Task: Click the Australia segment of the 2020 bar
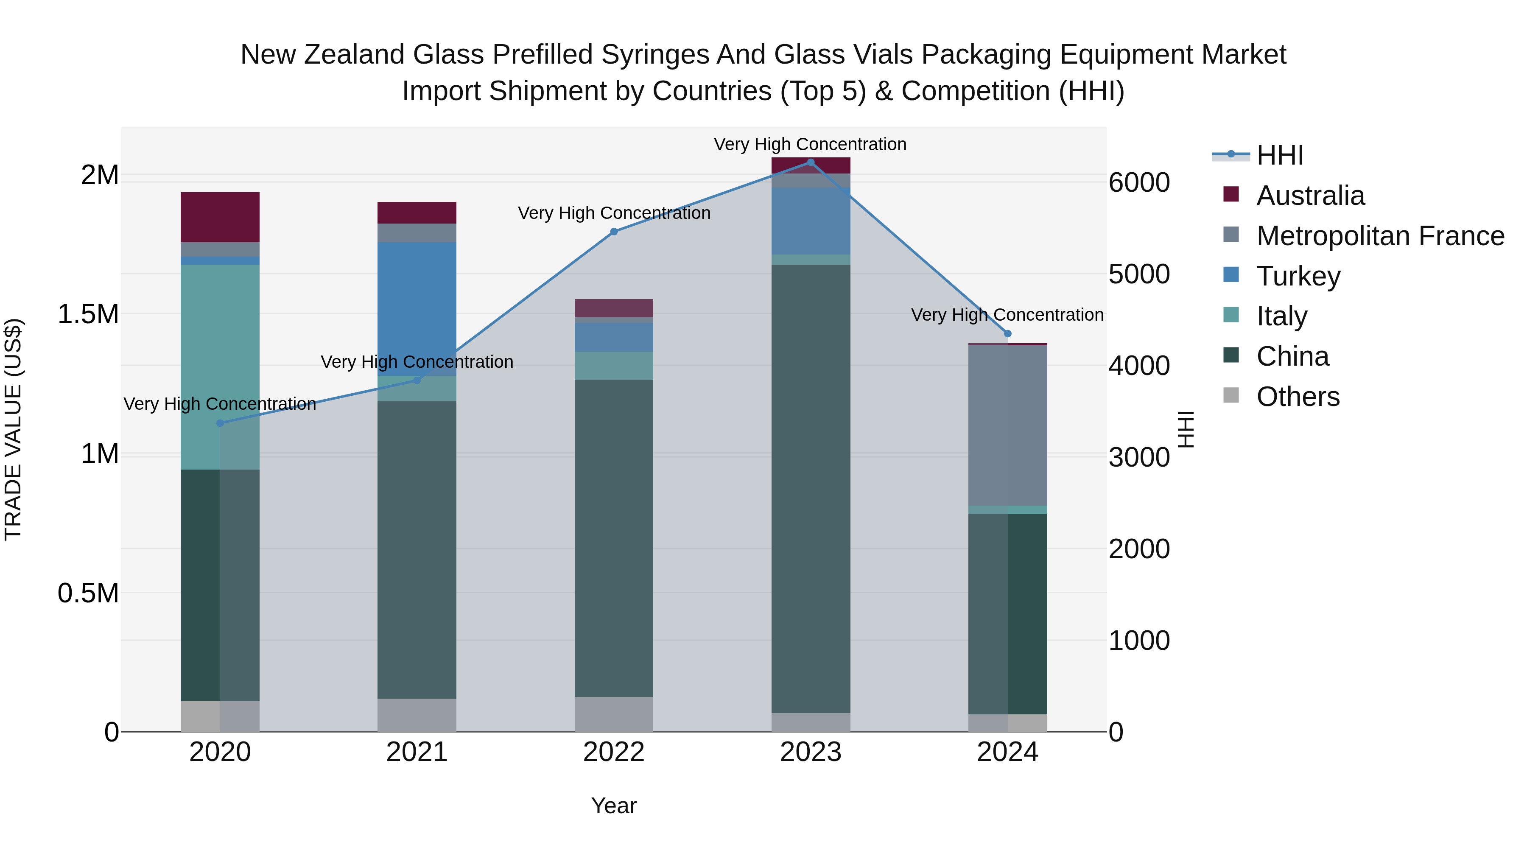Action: (220, 217)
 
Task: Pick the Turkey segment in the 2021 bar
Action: (417, 308)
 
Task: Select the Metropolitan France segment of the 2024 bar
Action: (1008, 425)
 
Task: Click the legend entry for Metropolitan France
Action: (1379, 236)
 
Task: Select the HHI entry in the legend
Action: (1279, 155)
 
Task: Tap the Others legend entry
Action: (1297, 397)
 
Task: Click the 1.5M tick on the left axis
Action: (88, 314)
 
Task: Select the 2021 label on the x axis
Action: (417, 752)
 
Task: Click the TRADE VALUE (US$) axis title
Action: (13, 429)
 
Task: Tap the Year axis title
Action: (613, 806)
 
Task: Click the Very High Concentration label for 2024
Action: (1007, 315)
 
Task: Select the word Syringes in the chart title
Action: (655, 55)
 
